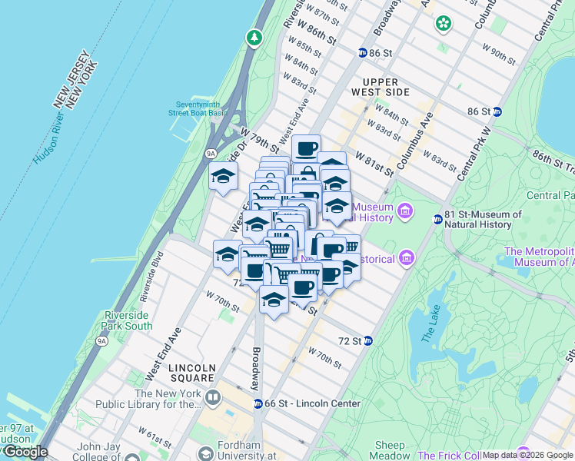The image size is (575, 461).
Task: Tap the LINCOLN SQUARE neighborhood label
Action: point(191,372)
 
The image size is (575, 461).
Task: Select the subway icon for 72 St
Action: point(368,340)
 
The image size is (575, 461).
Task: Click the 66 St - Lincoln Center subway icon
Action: point(258,403)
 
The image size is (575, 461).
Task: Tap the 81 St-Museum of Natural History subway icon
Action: point(437,219)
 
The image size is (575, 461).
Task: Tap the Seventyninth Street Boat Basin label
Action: point(198,108)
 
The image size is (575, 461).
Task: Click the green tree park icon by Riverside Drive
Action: point(254,37)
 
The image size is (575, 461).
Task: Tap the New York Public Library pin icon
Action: point(213,397)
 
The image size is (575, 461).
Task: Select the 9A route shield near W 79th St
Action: point(211,154)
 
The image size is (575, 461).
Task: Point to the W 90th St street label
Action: point(498,55)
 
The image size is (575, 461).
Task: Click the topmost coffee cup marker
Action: point(306,148)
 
